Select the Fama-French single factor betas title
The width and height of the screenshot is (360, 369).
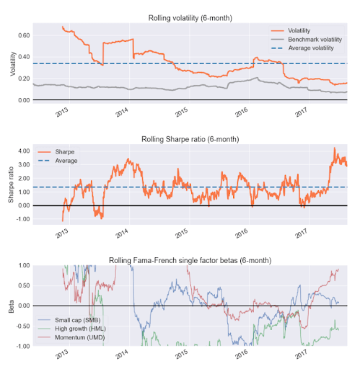pos(190,259)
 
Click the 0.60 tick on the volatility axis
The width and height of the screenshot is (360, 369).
pos(24,35)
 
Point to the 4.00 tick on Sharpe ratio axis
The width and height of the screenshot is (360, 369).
pos(24,151)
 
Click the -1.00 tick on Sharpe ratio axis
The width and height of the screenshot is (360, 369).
pos(22,219)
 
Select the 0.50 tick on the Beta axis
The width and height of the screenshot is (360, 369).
pos(24,285)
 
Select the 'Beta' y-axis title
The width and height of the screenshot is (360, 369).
pos(11,306)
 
